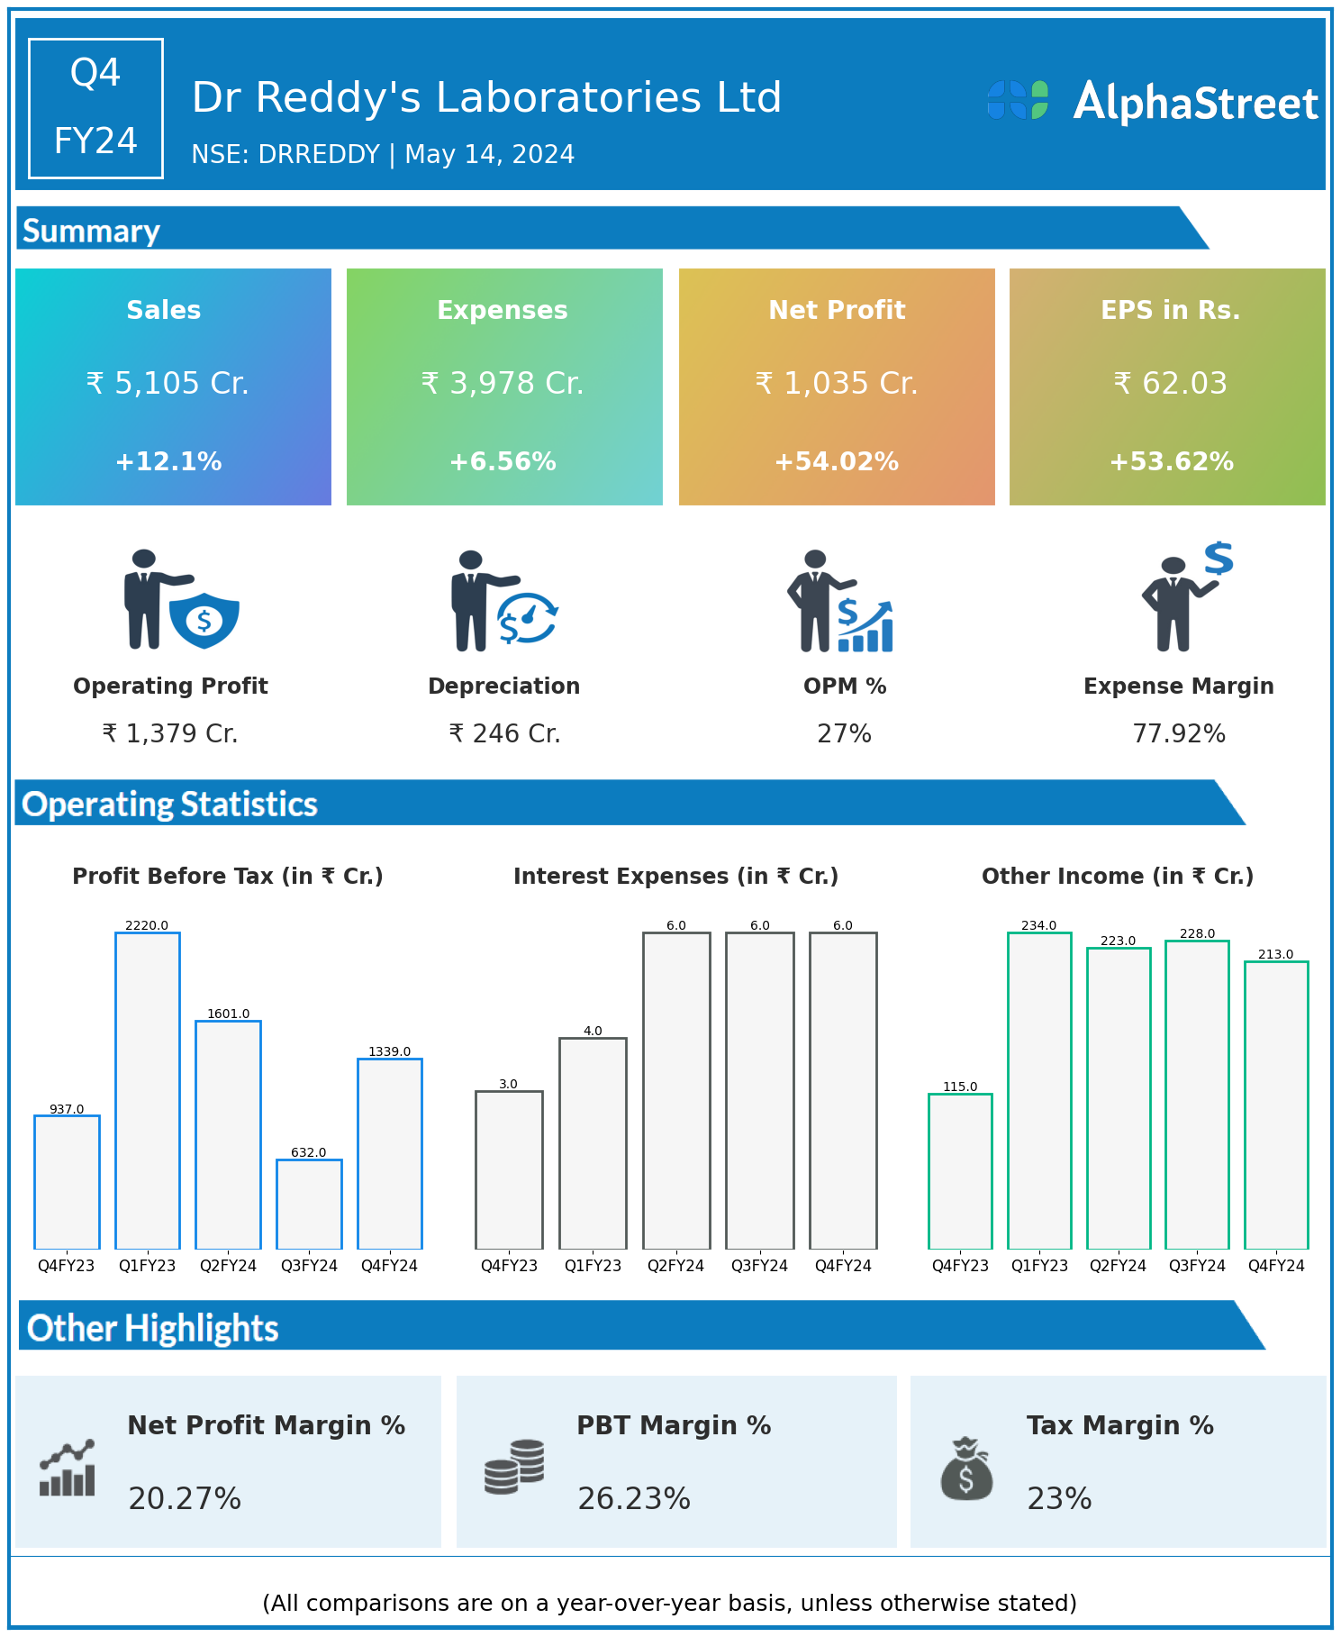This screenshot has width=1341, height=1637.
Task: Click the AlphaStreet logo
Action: click(1152, 102)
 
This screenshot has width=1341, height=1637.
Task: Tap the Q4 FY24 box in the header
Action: click(95, 108)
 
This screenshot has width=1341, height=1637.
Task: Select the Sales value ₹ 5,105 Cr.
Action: click(168, 384)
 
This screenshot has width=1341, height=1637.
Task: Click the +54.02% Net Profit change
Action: click(836, 462)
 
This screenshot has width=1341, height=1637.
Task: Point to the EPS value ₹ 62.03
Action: click(1170, 384)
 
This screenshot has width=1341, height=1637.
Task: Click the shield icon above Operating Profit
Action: click(204, 620)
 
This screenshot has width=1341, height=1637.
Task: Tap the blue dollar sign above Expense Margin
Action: click(1219, 559)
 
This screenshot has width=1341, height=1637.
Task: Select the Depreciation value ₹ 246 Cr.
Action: click(504, 734)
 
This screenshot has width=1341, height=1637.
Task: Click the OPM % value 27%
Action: click(844, 734)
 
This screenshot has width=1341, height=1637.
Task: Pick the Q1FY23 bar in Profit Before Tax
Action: click(148, 1090)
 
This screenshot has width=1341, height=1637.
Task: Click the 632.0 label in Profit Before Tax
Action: click(308, 1152)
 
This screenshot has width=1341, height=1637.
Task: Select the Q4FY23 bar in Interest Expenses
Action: click(509, 1169)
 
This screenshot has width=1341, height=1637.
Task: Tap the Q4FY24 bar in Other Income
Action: click(1276, 1105)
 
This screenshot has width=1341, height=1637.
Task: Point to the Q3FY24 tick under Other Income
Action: click(1197, 1266)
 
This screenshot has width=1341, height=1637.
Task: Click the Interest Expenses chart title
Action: click(675, 877)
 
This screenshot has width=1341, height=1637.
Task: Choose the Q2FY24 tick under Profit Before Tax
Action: click(228, 1266)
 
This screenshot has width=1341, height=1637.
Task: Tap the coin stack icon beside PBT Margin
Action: click(514, 1467)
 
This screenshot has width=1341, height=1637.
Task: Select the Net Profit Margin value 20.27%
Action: click(185, 1499)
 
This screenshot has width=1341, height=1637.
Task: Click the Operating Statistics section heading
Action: click(169, 804)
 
